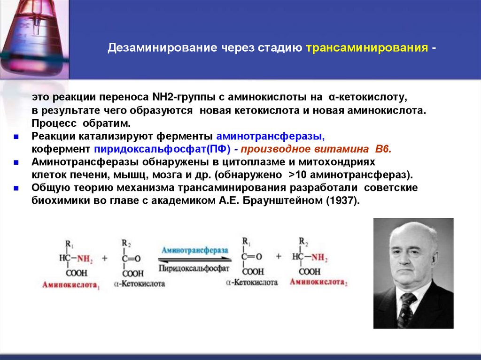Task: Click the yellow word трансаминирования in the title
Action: click(367, 48)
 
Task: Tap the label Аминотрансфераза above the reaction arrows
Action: click(194, 249)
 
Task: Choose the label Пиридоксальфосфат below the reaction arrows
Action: click(194, 268)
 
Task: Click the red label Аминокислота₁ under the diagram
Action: click(70, 285)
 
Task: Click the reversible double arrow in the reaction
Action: click(194, 259)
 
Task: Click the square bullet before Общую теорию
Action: click(16, 188)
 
